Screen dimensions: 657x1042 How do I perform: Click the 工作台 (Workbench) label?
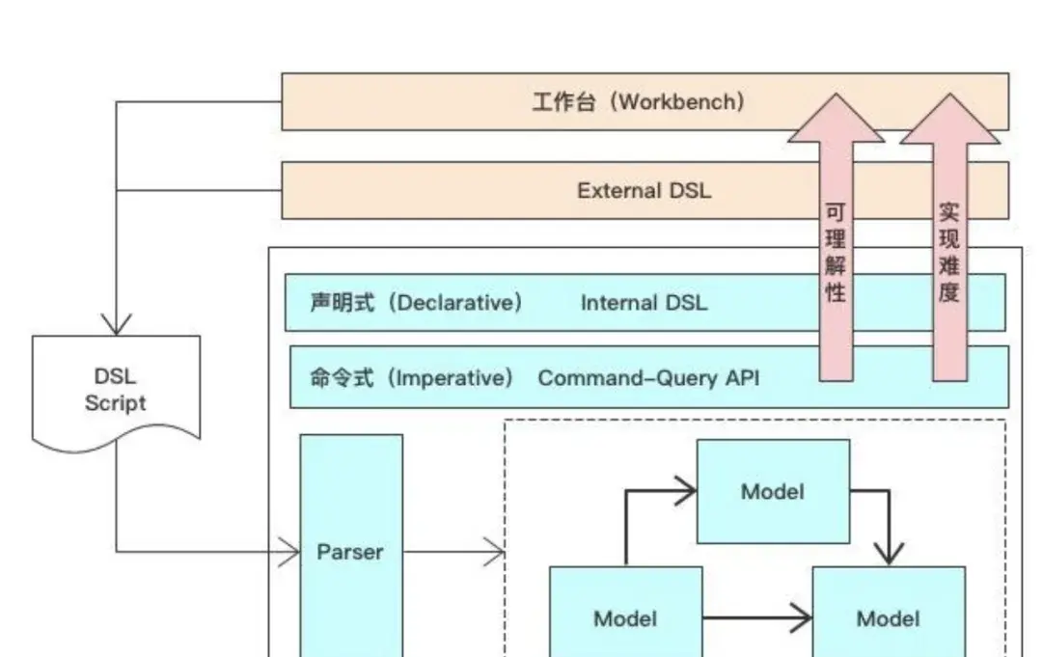638,101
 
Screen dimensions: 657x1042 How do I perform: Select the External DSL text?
644,190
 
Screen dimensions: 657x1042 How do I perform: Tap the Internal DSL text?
644,303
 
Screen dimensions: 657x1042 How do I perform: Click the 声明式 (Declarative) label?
416,303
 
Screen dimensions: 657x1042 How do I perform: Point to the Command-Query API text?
648,377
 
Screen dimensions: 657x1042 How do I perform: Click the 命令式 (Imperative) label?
411,377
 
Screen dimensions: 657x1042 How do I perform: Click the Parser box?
350,552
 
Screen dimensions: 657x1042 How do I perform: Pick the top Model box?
773,491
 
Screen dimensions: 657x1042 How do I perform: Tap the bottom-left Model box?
625,617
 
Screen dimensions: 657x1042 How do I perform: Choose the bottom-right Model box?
888,617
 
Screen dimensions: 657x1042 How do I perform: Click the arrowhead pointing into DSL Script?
116,322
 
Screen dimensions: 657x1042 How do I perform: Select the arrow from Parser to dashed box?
453,553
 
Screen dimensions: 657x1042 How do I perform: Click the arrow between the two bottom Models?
757,617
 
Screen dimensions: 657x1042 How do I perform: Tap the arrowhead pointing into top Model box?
684,491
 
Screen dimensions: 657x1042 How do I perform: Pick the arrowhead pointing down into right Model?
888,553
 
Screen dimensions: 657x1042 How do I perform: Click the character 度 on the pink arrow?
949,292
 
